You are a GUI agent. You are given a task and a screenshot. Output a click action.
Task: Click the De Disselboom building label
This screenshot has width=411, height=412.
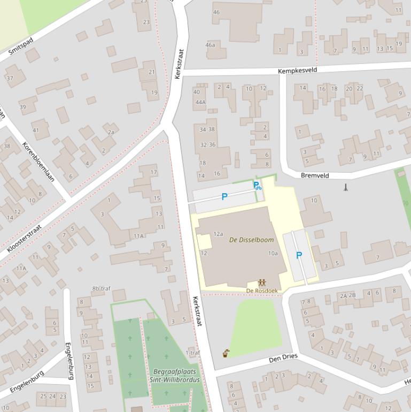[251, 240]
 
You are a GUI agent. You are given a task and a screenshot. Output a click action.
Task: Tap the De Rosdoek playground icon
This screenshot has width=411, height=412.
[262, 283]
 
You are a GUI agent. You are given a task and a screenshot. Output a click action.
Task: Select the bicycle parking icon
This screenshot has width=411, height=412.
[257, 186]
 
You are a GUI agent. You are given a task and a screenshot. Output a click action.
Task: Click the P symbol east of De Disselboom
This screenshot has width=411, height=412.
[299, 256]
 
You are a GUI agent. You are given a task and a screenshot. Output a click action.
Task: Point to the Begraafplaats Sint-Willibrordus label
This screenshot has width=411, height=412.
[174, 376]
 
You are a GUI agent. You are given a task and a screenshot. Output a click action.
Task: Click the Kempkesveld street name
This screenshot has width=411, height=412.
[297, 70]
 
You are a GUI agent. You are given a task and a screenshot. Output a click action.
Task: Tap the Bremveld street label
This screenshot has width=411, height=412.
[315, 176]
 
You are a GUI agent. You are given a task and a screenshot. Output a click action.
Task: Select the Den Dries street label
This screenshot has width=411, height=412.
[283, 358]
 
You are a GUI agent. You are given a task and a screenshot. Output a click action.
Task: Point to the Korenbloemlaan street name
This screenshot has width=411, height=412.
[38, 162]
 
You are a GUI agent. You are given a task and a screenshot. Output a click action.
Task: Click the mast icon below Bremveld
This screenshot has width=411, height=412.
[346, 187]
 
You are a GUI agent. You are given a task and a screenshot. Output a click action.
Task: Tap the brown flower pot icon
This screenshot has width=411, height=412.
[227, 353]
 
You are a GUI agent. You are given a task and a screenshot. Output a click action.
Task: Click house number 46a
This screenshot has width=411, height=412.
[210, 45]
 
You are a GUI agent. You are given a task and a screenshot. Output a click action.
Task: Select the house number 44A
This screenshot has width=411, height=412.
[200, 102]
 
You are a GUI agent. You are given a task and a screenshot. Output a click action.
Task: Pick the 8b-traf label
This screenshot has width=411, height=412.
[100, 289]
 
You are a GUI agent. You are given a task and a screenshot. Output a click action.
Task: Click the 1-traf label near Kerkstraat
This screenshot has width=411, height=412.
[192, 353]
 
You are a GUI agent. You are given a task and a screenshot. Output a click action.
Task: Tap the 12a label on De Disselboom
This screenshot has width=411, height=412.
[218, 234]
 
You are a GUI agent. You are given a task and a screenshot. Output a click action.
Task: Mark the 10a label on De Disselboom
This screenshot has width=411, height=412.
[273, 253]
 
